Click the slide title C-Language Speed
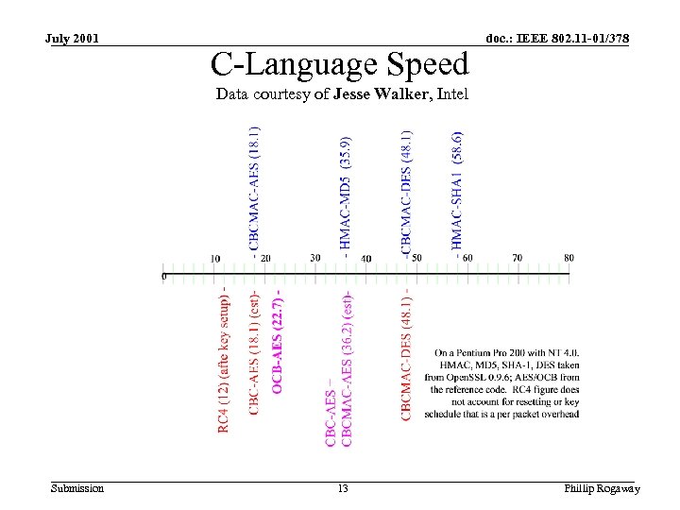click(340, 64)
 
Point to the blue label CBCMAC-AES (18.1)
click(255, 189)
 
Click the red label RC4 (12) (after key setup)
click(224, 361)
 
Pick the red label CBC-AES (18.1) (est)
click(254, 352)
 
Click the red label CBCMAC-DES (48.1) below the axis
click(406, 359)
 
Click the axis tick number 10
click(215, 258)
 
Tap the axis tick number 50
click(416, 258)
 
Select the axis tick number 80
click(569, 258)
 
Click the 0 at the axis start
click(164, 277)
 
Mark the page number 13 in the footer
click(342, 488)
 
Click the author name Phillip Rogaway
click(602, 488)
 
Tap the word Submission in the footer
click(77, 488)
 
